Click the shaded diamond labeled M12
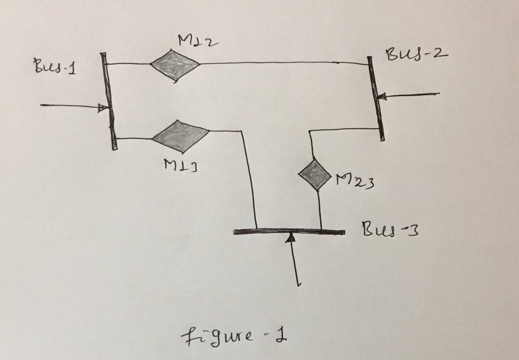(x=175, y=65)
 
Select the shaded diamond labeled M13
(x=181, y=136)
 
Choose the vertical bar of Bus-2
(x=376, y=98)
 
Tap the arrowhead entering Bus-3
(x=291, y=238)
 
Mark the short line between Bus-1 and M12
(x=129, y=63)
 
